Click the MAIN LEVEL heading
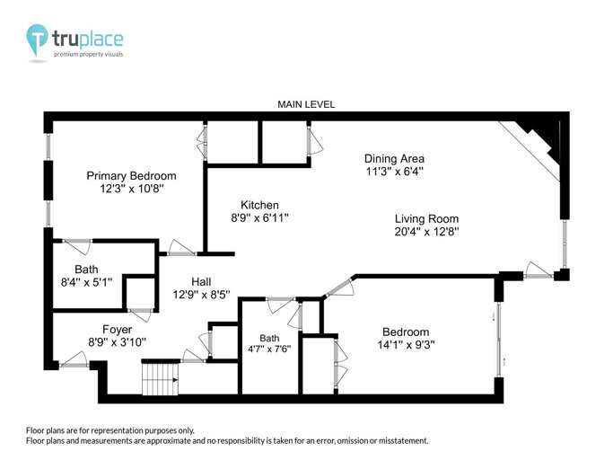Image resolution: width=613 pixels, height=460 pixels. pos(306,104)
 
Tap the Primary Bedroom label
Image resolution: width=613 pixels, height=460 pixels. pos(131,175)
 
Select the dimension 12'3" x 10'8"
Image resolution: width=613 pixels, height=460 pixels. pos(131,190)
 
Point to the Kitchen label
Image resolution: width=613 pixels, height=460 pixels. pos(259,205)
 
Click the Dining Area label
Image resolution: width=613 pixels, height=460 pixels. pos(394,158)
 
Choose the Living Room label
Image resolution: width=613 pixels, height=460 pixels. pos(426,218)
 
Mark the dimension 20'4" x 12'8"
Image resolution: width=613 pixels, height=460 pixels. pos(426,232)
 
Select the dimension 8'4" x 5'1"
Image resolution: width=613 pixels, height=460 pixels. pos(87,283)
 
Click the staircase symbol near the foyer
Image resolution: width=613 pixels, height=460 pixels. pos(162,376)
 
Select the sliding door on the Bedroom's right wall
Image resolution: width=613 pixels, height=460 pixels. pos(499,332)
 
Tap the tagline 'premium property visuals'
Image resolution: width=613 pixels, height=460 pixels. pos(88,55)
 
